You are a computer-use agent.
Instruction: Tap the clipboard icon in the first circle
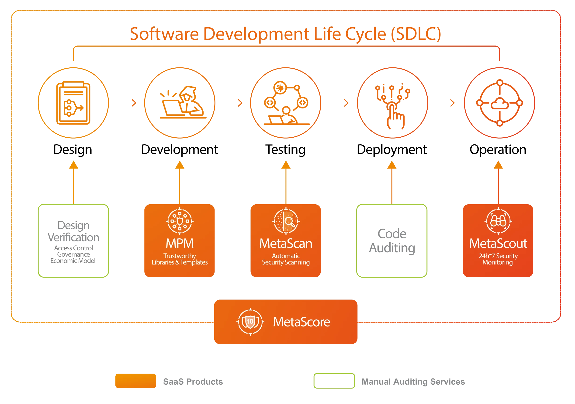pyautogui.click(x=73, y=103)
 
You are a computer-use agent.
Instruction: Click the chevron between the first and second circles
pyautogui.click(x=134, y=103)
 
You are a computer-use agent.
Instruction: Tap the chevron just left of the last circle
pyautogui.click(x=452, y=103)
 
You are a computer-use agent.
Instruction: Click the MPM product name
pyautogui.click(x=180, y=244)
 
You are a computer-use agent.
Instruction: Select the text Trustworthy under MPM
pyautogui.click(x=180, y=256)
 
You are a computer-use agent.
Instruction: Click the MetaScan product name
pyautogui.click(x=286, y=244)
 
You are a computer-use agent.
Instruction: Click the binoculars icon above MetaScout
pyautogui.click(x=498, y=221)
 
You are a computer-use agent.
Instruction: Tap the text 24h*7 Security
pyautogui.click(x=498, y=256)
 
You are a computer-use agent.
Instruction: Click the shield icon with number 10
pyautogui.click(x=250, y=322)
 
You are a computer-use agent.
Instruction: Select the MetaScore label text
pyautogui.click(x=301, y=322)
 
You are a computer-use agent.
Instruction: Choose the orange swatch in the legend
pyautogui.click(x=135, y=381)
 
